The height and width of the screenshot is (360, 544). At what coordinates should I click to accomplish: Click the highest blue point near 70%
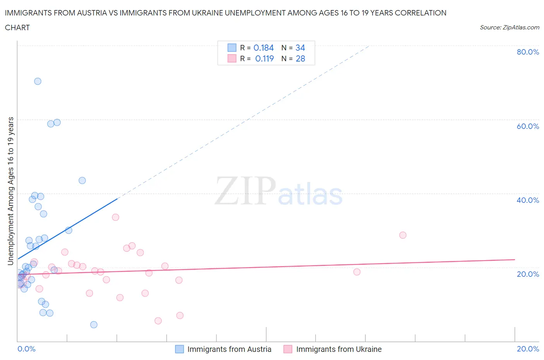point(38,81)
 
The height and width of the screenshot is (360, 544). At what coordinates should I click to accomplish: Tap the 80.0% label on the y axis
point(528,52)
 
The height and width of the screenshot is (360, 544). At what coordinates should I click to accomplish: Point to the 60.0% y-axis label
point(528,126)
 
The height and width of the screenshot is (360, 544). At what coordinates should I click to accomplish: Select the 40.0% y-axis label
point(528,200)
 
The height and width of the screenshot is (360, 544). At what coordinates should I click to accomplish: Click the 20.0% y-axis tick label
point(528,274)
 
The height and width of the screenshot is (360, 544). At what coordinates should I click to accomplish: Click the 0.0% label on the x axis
point(26,349)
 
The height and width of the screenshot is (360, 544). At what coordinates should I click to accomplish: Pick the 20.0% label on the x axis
point(528,349)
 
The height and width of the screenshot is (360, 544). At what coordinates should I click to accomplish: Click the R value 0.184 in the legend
point(263,48)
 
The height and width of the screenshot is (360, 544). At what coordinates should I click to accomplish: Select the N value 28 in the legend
point(300,58)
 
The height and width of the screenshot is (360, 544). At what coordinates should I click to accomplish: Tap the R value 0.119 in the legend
point(264,58)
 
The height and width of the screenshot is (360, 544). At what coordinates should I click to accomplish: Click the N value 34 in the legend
point(300,48)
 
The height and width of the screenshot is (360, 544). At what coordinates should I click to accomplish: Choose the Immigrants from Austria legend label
point(229,349)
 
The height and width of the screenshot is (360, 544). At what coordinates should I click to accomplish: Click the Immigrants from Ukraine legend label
point(339,349)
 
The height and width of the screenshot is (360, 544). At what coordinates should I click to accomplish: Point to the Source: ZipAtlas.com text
point(509,27)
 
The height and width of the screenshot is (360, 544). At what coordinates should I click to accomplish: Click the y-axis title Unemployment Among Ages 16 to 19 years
point(11,191)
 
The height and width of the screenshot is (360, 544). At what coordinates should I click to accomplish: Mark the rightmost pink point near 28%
point(403,235)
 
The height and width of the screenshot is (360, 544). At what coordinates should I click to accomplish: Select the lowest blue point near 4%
point(94,325)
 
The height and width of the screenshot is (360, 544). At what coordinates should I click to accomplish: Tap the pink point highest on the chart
point(115,217)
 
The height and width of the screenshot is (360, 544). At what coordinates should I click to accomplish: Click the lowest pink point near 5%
point(158,321)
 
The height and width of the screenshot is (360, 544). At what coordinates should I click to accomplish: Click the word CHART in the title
point(17,27)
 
